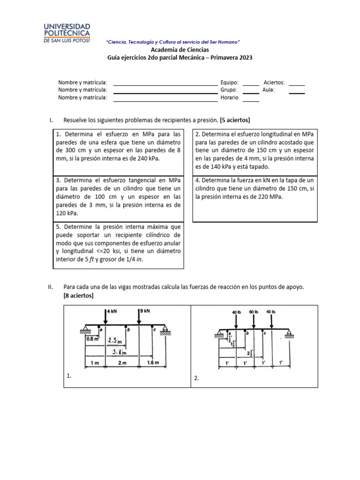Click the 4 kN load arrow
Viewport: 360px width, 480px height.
(x=106, y=318)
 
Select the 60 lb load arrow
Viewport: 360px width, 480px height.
(x=254, y=321)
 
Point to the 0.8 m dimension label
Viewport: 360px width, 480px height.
(x=92, y=337)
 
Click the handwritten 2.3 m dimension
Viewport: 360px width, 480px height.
(x=114, y=341)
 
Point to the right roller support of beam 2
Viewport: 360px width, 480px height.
(x=290, y=336)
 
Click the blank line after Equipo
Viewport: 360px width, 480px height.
(x=251, y=85)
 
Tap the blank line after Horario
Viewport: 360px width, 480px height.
(x=251, y=101)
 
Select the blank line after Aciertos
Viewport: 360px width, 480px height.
(x=297, y=85)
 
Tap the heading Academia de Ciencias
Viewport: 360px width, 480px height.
(x=180, y=50)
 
